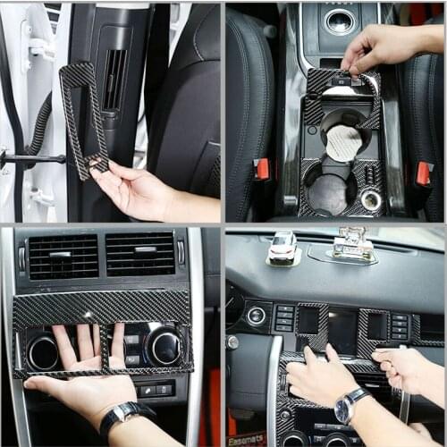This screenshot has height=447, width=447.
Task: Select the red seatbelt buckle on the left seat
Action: pos(262,168)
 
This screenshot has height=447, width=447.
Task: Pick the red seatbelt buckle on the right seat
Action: pos(423,173)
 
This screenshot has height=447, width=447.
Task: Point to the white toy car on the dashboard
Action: pos(283,248)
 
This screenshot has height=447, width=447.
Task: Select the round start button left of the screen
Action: pos(257,316)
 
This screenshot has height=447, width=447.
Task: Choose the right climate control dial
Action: pos(165,346)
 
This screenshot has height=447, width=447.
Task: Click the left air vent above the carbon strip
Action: pos(63,255)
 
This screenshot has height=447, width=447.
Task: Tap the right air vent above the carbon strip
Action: pos(140,253)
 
